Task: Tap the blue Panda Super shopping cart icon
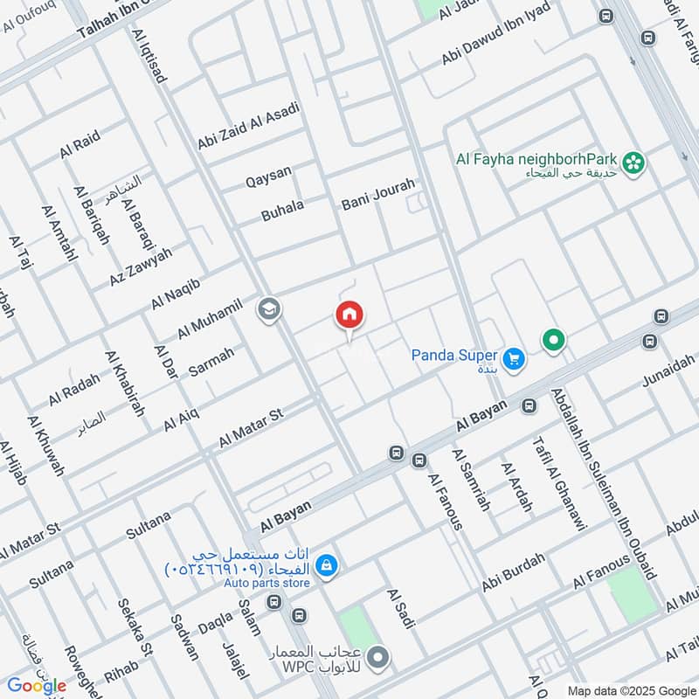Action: coord(514,356)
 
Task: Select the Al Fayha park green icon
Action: coord(634,161)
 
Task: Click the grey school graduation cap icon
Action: coord(267,308)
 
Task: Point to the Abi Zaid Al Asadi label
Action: coord(248,126)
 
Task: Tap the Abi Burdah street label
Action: coord(513,572)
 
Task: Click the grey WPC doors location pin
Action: coord(377,656)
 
